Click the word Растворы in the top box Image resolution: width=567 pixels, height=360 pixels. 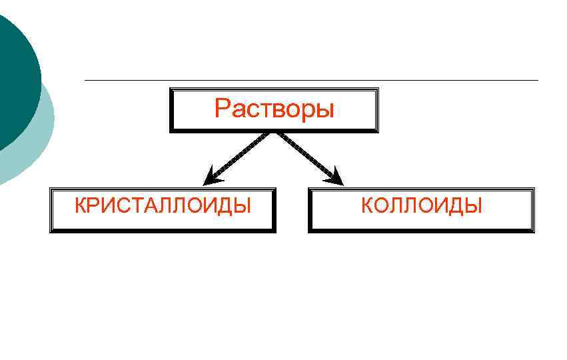point(274,109)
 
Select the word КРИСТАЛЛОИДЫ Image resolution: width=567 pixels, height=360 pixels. point(163,205)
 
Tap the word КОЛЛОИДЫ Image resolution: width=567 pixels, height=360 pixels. point(421,205)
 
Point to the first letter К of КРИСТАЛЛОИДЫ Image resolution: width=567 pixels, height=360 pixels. point(81,205)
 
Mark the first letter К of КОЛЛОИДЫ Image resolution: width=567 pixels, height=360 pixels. point(368,205)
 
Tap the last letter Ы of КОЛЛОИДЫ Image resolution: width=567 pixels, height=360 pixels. point(472,205)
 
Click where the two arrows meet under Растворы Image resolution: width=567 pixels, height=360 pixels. point(273,133)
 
